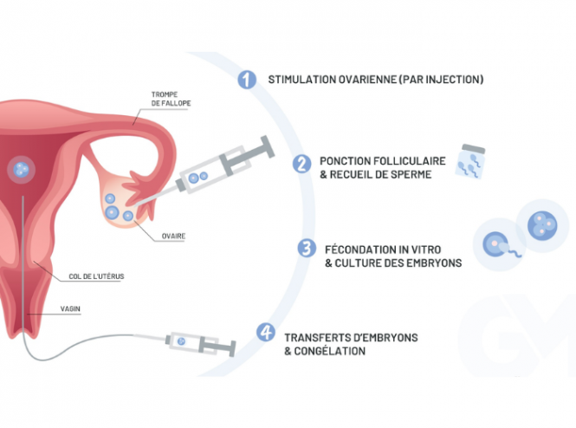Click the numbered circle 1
248,80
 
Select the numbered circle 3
307,249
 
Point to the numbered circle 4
267,333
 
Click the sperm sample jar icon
473,162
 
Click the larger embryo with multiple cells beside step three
542,224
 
